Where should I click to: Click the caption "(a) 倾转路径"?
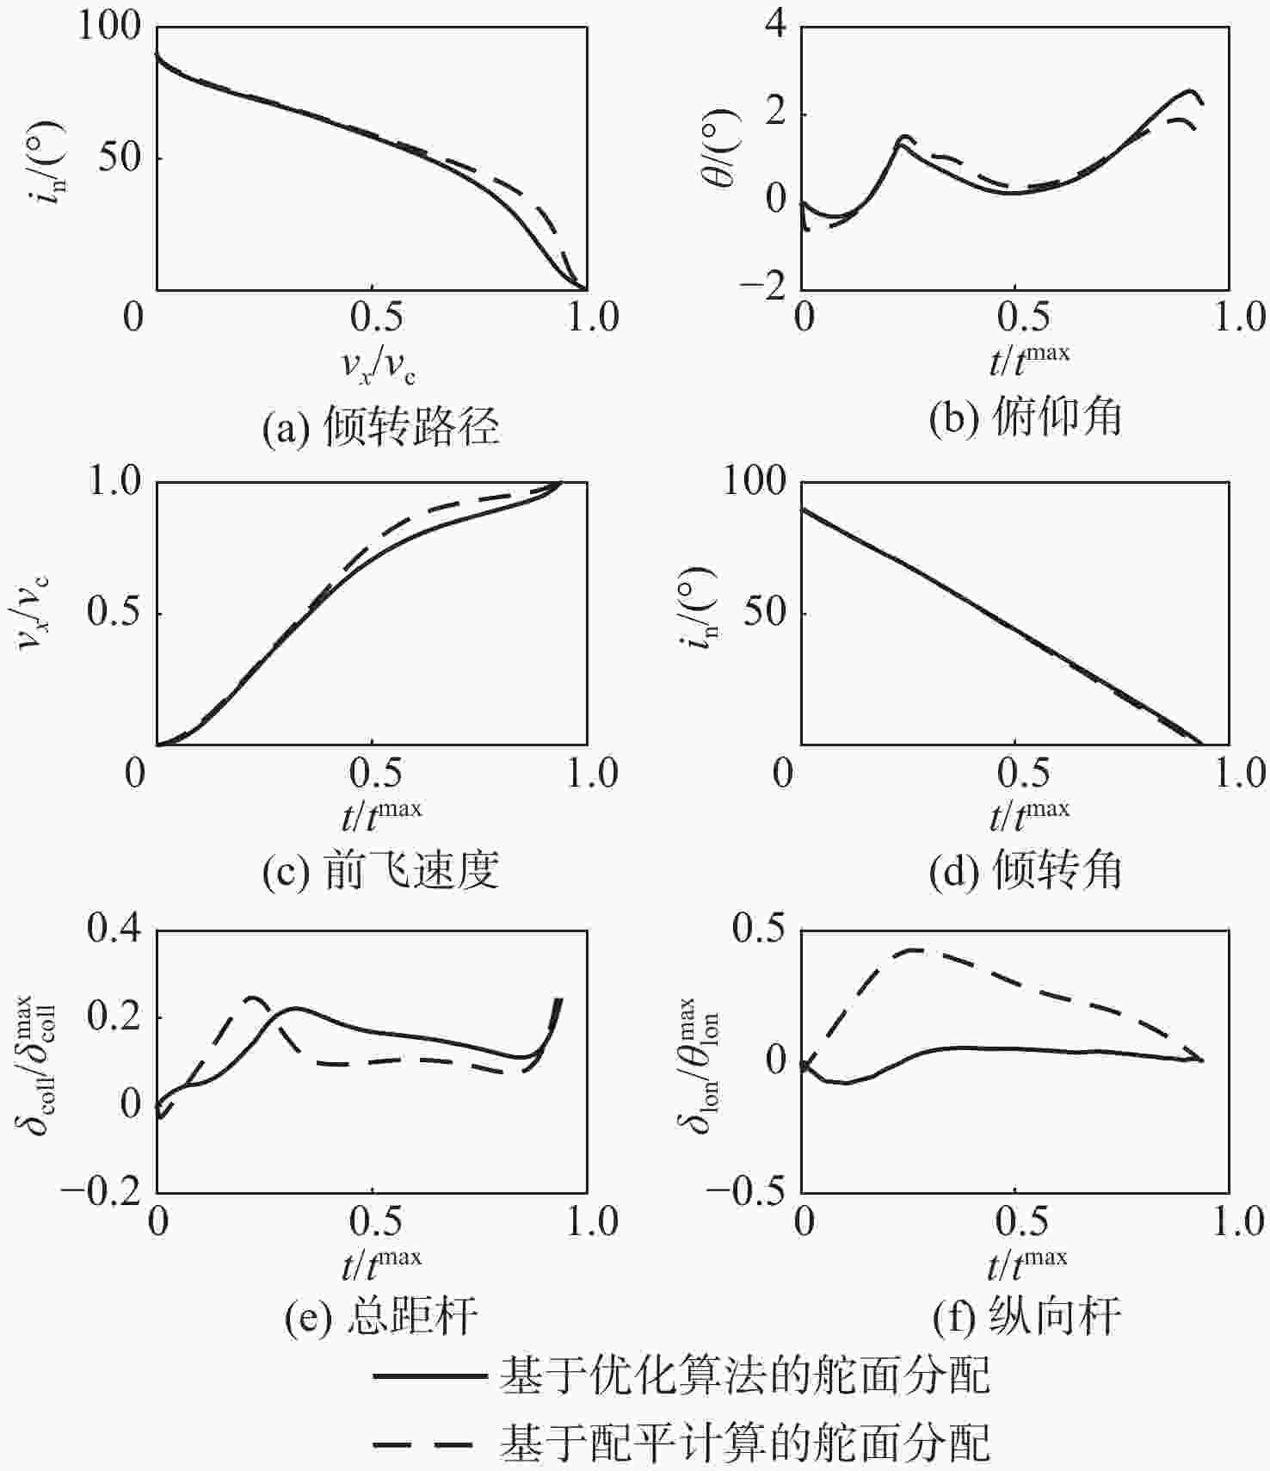click(x=380, y=425)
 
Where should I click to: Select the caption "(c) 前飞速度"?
click(x=380, y=871)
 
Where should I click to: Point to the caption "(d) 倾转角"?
click(x=1026, y=871)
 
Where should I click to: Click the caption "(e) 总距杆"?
click(x=380, y=1318)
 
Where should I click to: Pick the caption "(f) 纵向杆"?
click(x=1026, y=1318)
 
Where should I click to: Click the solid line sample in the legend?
click(x=428, y=1376)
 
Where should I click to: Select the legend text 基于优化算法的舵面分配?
click(x=745, y=1375)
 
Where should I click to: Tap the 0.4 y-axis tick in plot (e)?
click(x=114, y=930)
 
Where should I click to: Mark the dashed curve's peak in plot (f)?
click(x=916, y=950)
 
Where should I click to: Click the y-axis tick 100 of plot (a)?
click(x=110, y=26)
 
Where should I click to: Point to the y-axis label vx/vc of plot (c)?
click(x=34, y=613)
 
